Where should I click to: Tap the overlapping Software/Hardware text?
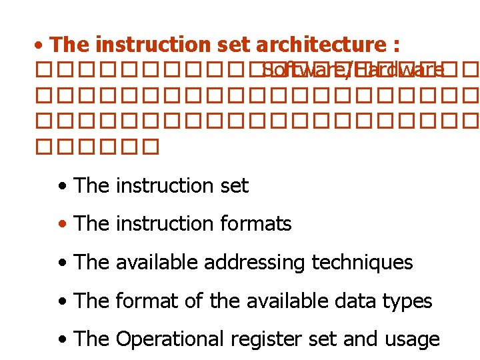tap(353, 70)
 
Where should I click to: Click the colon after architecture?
tap(396, 46)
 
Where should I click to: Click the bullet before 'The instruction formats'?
tap(63, 225)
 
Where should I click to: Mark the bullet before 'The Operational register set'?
tap(63, 340)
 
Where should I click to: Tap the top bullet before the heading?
tap(41, 46)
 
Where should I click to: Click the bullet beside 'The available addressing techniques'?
tap(63, 263)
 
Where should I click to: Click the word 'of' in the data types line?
tap(194, 301)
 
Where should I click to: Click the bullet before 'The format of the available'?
tap(63, 301)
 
